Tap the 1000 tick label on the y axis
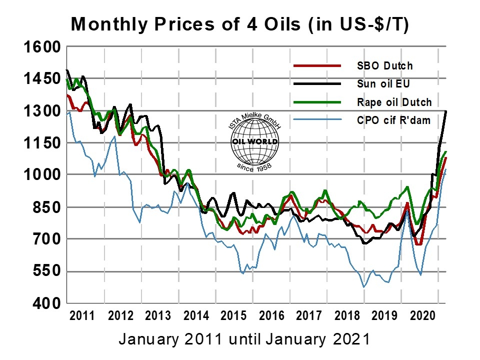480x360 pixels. pyautogui.click(x=42, y=175)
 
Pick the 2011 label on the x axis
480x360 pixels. pyautogui.click(x=82, y=316)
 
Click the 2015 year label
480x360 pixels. pyautogui.click(x=233, y=316)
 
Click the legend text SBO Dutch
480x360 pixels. pyautogui.click(x=384, y=65)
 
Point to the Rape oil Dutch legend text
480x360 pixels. pyautogui.click(x=394, y=102)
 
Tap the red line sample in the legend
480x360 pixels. pyautogui.click(x=316, y=65)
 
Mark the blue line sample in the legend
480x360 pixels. pyautogui.click(x=316, y=120)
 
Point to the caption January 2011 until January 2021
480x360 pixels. pyautogui.click(x=244, y=339)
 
